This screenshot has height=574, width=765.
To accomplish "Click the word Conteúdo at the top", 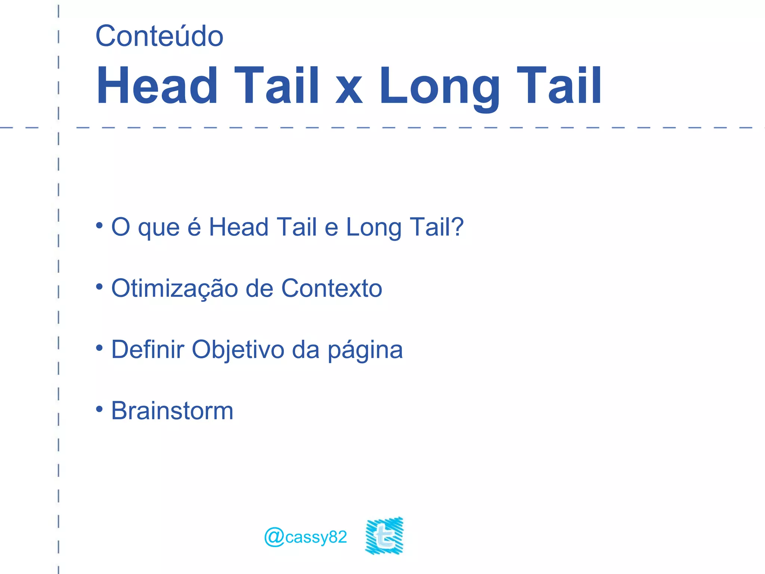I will click(159, 36).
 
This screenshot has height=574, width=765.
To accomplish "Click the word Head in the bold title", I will click(157, 86).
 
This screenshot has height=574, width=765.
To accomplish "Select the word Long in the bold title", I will click(439, 86).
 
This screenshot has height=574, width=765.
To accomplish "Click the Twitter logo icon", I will click(384, 536).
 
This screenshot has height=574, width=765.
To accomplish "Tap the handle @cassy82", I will click(306, 537).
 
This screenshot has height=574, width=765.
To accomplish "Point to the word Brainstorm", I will click(172, 411).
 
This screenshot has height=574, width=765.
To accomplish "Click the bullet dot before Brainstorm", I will click(99, 409).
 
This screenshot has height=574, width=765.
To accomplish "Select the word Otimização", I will click(174, 288).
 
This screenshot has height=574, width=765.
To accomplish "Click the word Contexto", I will click(332, 288).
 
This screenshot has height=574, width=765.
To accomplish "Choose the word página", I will click(365, 350).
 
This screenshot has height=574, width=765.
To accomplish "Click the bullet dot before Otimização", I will click(99, 287).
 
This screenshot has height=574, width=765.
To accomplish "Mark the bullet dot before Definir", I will click(99, 348).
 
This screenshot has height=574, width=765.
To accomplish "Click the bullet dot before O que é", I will click(99, 225).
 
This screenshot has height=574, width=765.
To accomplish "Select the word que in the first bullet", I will click(159, 228).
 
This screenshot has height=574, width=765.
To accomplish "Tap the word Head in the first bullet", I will click(239, 227).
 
